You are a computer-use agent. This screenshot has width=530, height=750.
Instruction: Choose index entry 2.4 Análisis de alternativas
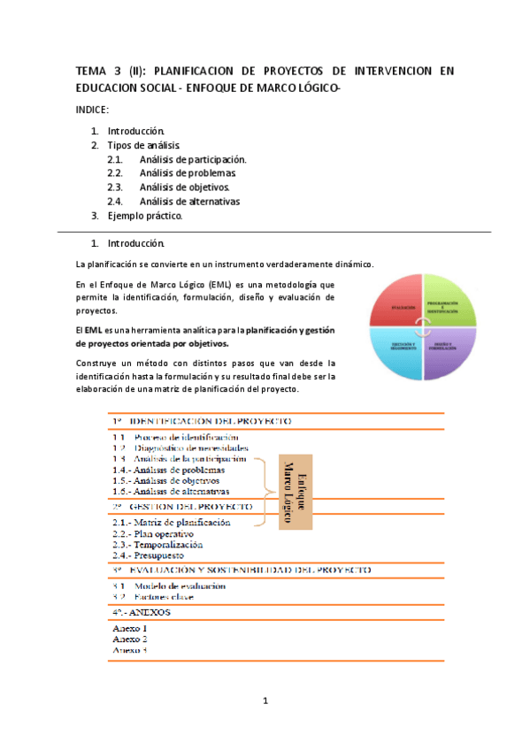[x=189, y=202]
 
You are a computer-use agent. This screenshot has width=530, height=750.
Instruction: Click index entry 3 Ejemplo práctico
[x=144, y=216]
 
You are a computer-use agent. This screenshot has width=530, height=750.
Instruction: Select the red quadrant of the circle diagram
[x=396, y=306]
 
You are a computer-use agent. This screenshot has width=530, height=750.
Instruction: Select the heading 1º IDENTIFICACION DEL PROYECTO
[x=203, y=421]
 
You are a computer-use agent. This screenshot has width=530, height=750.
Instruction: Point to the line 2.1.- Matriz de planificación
[x=172, y=523]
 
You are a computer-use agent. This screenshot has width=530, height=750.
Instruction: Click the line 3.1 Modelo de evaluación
[x=169, y=585]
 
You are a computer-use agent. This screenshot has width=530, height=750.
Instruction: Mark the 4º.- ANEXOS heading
[x=142, y=612]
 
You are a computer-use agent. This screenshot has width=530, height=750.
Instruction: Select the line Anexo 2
[x=130, y=638]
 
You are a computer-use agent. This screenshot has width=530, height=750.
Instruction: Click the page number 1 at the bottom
[x=265, y=702]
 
